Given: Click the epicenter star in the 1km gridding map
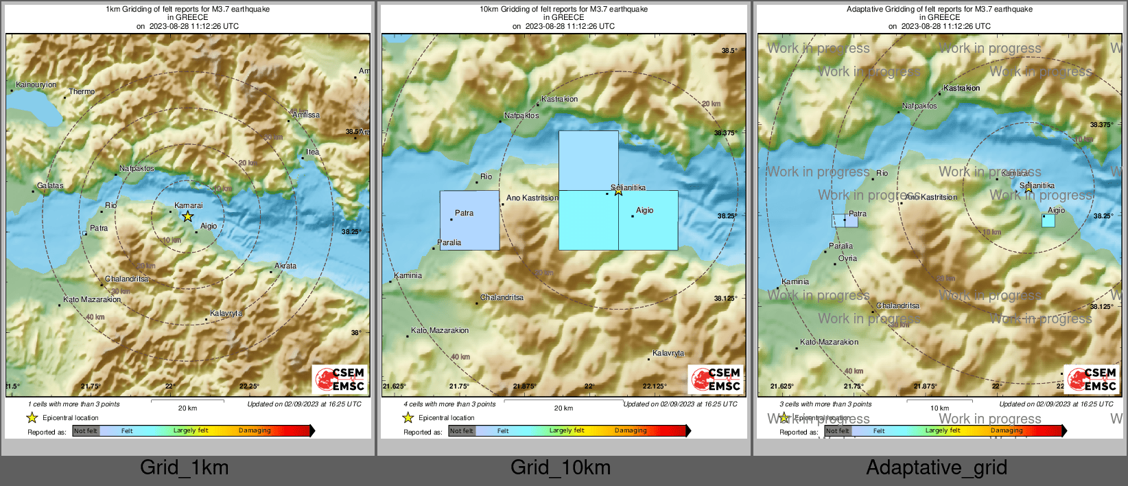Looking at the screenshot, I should (187, 216).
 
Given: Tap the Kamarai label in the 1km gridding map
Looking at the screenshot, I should (188, 205).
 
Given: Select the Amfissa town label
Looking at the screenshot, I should (306, 115).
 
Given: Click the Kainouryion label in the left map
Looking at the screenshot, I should (36, 84).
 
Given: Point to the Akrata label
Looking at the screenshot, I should (285, 266).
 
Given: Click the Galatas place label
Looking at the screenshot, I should (50, 185).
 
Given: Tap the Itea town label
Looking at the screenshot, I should (312, 152).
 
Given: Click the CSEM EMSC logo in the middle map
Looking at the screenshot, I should (716, 379).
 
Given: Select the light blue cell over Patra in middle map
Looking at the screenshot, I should (469, 220).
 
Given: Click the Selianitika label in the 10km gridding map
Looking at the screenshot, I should (628, 187).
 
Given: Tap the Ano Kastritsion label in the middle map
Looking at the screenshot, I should (532, 198).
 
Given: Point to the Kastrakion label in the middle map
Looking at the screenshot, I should (559, 99).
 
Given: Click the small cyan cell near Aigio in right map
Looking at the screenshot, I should (1048, 221).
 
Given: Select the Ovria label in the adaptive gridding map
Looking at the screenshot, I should (847, 258).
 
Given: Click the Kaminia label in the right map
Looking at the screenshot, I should (795, 281).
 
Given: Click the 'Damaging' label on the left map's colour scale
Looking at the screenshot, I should (255, 430).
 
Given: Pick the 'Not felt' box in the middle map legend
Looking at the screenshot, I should (462, 431).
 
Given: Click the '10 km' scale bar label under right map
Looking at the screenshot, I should (939, 408).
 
